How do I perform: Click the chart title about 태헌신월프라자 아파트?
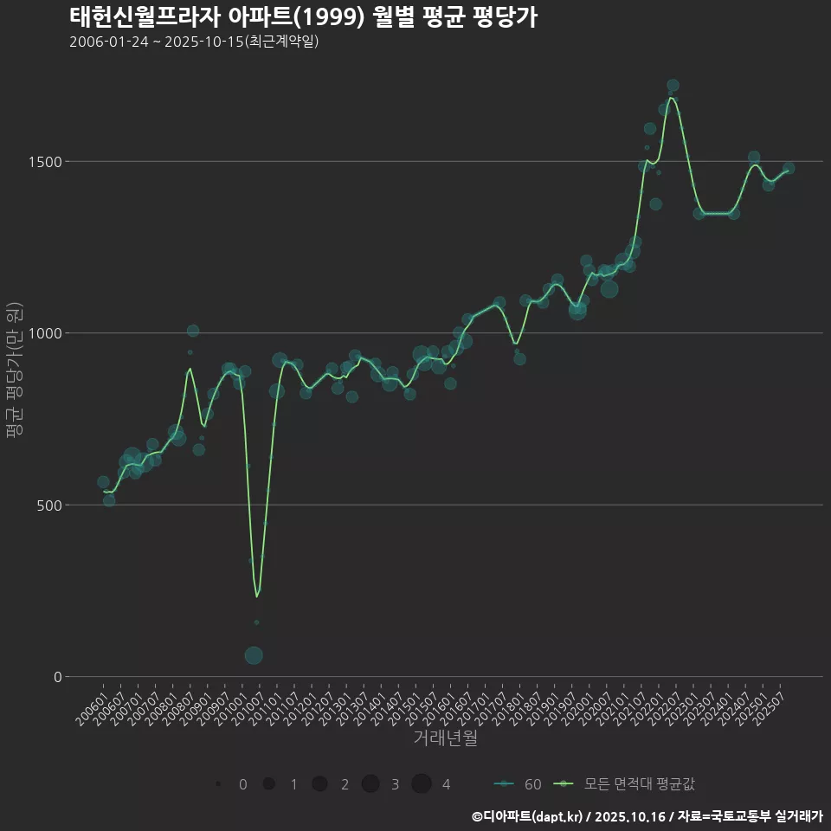point(303,16)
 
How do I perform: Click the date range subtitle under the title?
point(194,42)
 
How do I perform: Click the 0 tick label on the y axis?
point(58,677)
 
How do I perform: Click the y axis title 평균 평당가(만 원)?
point(13,372)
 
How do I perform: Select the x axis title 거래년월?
point(445,738)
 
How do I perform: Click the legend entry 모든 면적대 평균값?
point(623,784)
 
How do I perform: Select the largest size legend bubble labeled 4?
point(422,784)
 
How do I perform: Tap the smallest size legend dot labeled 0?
point(218,784)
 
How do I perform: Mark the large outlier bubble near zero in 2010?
point(254,655)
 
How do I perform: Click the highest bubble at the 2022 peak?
point(673,86)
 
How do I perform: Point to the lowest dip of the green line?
point(256,596)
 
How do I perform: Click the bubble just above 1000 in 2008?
point(193,331)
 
